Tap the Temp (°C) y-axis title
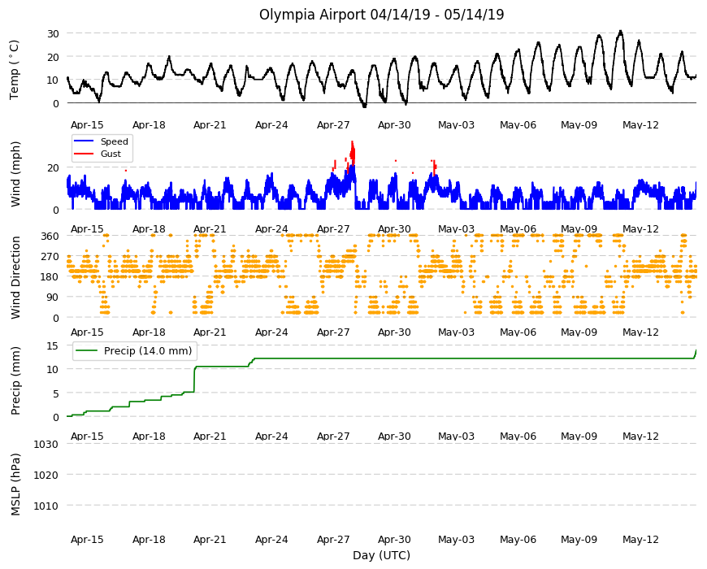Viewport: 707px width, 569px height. coord(15,69)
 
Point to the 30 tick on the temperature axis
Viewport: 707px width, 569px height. coord(53,33)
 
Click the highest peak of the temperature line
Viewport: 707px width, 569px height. coord(620,31)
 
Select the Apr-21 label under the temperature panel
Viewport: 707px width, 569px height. coord(210,125)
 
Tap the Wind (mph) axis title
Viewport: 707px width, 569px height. coord(15,174)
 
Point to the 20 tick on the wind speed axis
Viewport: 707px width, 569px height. coord(53,167)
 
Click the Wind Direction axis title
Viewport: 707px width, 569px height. coord(15,277)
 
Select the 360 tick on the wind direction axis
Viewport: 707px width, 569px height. coord(50,236)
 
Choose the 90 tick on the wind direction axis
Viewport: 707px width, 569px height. coord(53,298)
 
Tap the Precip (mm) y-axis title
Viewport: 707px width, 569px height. coord(15,380)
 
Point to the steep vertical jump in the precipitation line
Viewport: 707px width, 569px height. coord(194,380)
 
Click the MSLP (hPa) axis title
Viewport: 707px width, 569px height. coord(15,484)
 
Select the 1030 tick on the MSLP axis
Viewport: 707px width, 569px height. coord(46,444)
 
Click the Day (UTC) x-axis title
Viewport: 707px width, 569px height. coord(381,555)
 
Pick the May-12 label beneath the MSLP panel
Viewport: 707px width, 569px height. coord(640,539)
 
